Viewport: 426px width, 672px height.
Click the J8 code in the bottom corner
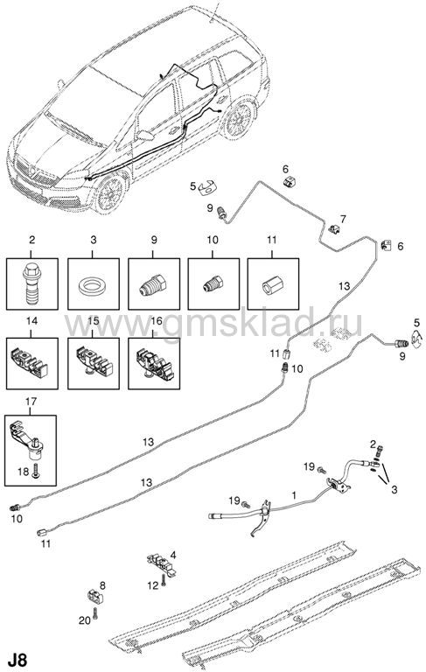[x=17, y=660]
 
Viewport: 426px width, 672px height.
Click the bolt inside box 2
[x=31, y=283]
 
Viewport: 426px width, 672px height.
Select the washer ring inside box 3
[x=93, y=284]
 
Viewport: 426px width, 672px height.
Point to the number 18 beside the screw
[x=24, y=472]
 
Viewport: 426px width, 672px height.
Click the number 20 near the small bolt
[x=85, y=619]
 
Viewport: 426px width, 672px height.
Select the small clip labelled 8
[x=95, y=595]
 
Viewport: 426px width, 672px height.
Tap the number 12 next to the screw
[x=152, y=585]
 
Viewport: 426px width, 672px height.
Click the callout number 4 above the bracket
[x=173, y=556]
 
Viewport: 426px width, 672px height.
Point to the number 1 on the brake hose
[x=294, y=495]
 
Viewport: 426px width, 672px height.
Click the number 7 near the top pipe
[x=343, y=219]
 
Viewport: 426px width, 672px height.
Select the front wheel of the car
[x=110, y=192]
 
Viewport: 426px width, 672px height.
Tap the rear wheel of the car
[x=239, y=117]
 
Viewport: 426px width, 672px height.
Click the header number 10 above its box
[x=213, y=240]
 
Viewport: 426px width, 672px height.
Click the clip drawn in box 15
[x=94, y=362]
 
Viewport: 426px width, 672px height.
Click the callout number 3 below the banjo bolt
[x=395, y=489]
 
